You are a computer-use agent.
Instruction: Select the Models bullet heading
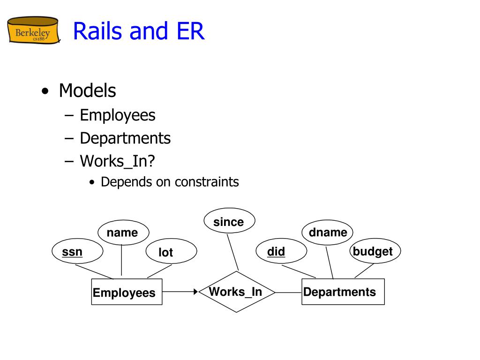pyautogui.click(x=87, y=90)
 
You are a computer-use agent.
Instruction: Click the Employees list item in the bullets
pyautogui.click(x=117, y=115)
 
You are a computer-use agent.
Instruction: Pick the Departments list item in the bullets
pyautogui.click(x=125, y=138)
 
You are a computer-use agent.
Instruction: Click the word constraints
pyautogui.click(x=207, y=182)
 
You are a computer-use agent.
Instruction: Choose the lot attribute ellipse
pyautogui.click(x=171, y=252)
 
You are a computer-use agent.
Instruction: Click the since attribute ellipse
pyautogui.click(x=229, y=222)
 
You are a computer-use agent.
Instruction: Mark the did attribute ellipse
pyautogui.click(x=281, y=252)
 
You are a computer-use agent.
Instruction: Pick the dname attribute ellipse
pyautogui.click(x=328, y=232)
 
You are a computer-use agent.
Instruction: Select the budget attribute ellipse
pyautogui.click(x=374, y=251)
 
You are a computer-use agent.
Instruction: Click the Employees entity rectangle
pyautogui.click(x=127, y=292)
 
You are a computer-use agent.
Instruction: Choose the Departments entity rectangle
pyautogui.click(x=343, y=292)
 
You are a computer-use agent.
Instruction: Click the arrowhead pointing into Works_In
pyautogui.click(x=196, y=292)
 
